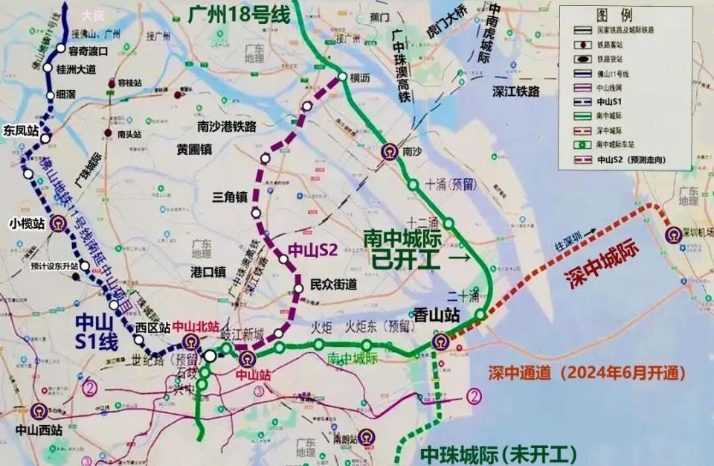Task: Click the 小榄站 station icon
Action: [x=55, y=223]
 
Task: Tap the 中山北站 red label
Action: [x=196, y=326]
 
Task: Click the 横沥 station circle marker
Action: [x=342, y=77]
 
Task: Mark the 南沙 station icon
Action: [x=388, y=153]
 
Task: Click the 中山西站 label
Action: [x=38, y=430]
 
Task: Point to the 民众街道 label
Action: [x=333, y=284]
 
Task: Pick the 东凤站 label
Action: [x=21, y=130]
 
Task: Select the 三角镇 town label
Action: [x=230, y=197]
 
